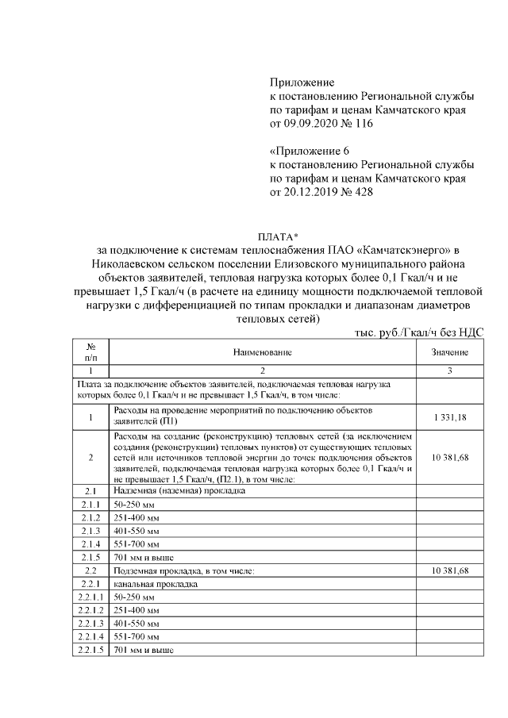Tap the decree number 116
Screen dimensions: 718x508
363,124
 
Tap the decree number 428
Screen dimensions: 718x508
363,192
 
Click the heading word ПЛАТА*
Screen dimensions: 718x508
277,236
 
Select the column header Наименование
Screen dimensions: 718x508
263,351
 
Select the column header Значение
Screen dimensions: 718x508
449,351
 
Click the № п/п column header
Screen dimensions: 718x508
90,351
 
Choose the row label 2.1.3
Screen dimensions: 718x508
90,529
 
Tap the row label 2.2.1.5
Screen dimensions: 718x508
90,651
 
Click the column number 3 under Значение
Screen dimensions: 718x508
449,371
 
